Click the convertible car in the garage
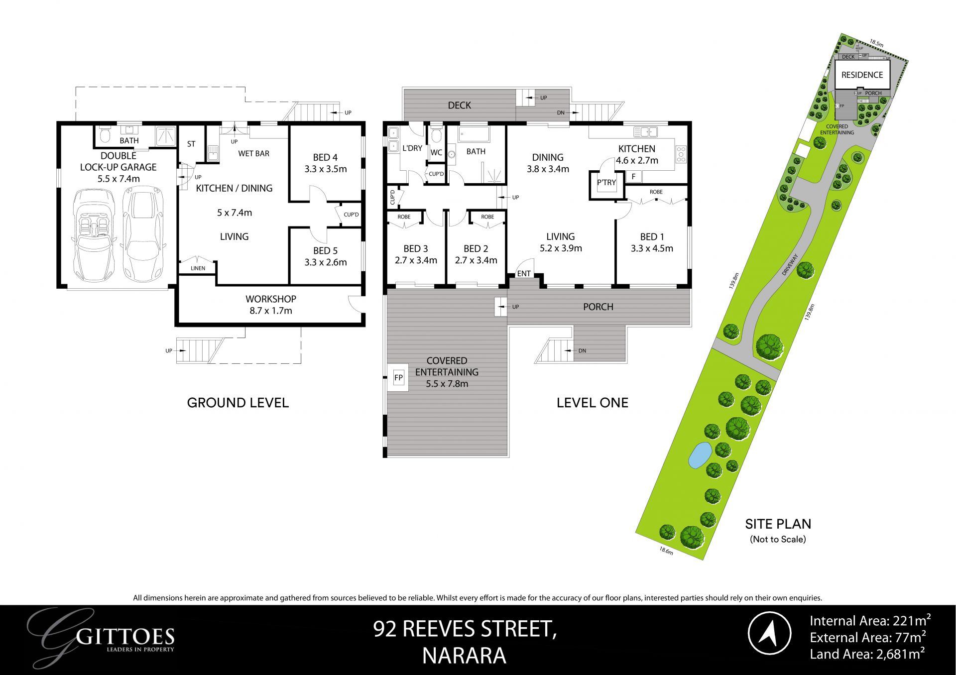pos(94,234)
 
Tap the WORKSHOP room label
pos(270,299)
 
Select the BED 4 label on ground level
pos(325,157)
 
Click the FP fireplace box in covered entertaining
pos(398,378)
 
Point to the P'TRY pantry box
pos(606,183)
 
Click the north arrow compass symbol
pos(769,633)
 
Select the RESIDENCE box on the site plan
pos(862,75)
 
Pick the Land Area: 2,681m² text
pos(867,654)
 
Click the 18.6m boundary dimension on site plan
pos(666,551)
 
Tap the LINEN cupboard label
pos(198,268)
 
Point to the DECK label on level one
pos(459,105)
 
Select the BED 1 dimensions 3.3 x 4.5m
pos(652,248)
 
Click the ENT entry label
pos(524,273)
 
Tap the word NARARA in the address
pos(464,656)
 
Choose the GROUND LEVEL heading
pos(238,403)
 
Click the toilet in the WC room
pos(436,135)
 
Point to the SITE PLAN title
pos(778,524)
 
